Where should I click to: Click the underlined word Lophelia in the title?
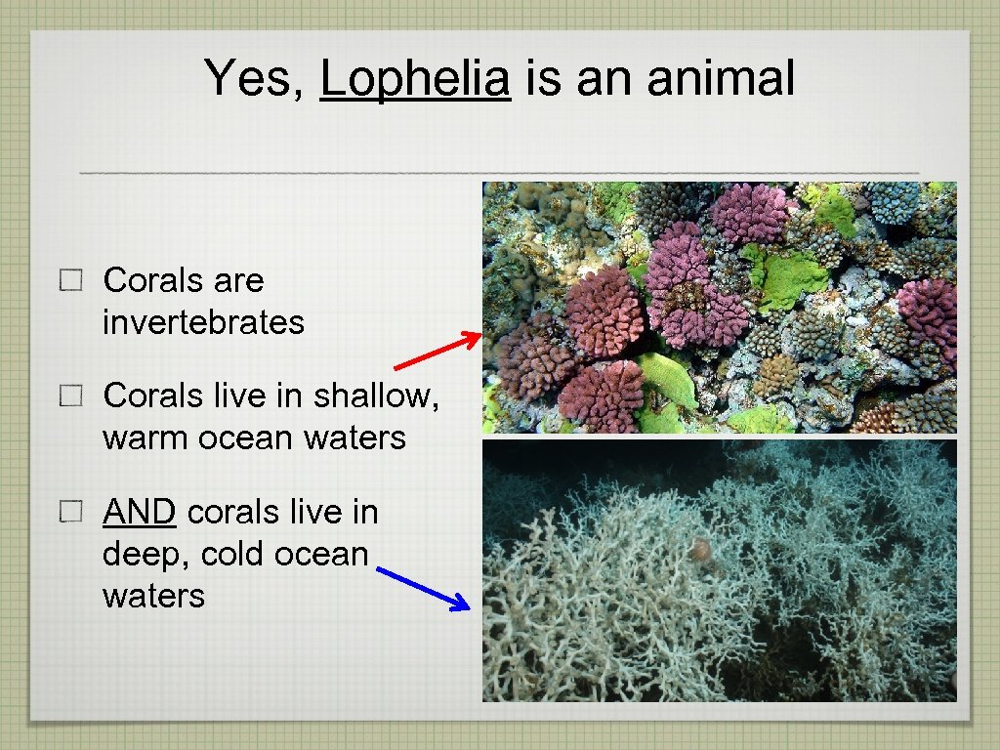415,78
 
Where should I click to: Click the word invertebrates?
203,322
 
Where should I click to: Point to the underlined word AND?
140,512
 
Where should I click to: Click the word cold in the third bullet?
233,554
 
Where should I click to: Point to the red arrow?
437,352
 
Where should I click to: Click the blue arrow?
423,589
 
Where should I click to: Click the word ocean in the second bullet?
241,437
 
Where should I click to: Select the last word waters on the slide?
153,596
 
